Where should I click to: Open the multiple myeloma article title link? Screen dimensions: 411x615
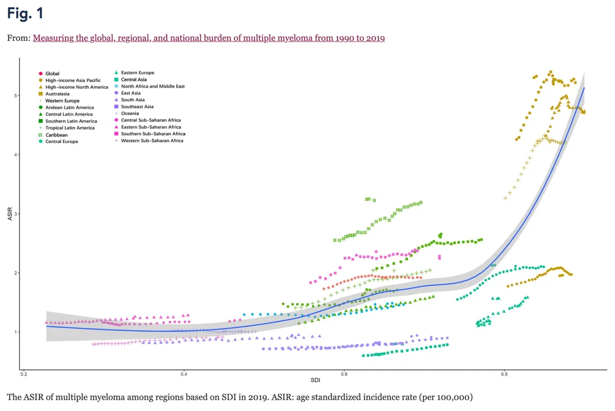click(x=208, y=38)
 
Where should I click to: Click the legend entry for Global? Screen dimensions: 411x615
click(x=52, y=74)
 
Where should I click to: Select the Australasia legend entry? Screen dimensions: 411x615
click(x=57, y=94)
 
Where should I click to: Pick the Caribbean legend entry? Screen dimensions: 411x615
click(x=56, y=135)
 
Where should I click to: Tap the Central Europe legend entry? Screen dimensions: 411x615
click(x=61, y=142)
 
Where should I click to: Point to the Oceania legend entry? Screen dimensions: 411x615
click(x=130, y=114)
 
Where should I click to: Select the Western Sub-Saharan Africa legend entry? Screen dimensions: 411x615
click(x=151, y=141)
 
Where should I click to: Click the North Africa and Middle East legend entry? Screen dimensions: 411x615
click(x=153, y=87)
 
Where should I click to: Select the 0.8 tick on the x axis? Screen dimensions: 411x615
click(x=504, y=375)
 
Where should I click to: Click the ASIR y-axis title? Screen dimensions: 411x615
click(x=10, y=214)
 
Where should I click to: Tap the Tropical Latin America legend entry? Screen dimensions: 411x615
click(x=70, y=128)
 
